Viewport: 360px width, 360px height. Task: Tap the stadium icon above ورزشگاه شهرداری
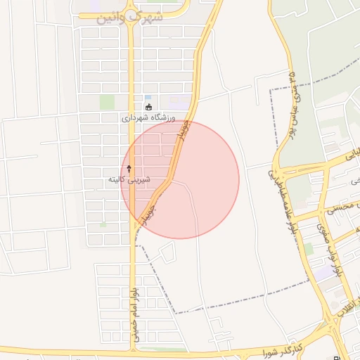(x=148, y=108)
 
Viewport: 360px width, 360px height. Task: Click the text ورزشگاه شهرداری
(x=149, y=119)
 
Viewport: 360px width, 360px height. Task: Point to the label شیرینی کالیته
(x=126, y=180)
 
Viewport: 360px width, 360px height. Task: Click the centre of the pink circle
(x=180, y=180)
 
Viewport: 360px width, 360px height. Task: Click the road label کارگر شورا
(x=281, y=349)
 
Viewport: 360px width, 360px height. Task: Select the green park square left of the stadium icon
(x=107, y=103)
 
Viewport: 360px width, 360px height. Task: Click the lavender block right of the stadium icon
(x=179, y=103)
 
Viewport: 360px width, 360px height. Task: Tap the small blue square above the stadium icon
(x=148, y=97)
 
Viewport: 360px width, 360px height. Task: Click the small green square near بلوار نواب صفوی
(x=308, y=248)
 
